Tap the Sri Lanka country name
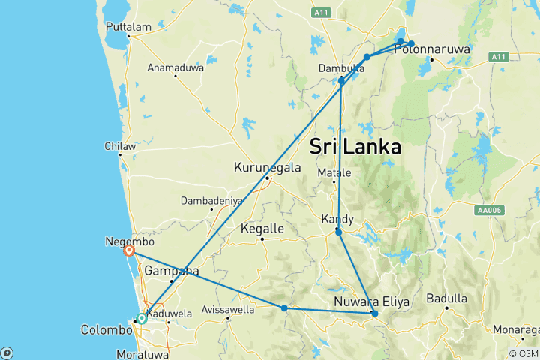click(355, 146)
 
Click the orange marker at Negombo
click(130, 251)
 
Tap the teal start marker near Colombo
click(142, 318)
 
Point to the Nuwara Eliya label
click(372, 302)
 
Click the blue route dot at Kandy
click(339, 232)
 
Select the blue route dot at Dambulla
click(341, 80)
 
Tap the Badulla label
click(446, 298)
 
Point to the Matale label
click(335, 173)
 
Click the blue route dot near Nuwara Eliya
click(374, 313)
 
